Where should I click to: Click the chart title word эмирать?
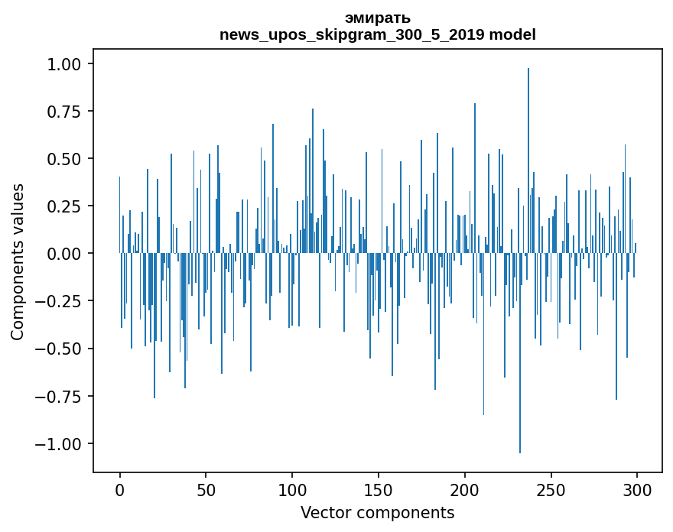click(377, 18)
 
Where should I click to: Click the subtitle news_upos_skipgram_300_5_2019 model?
click(377, 34)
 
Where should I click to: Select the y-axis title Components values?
click(18, 261)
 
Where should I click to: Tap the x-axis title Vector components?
click(377, 513)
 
